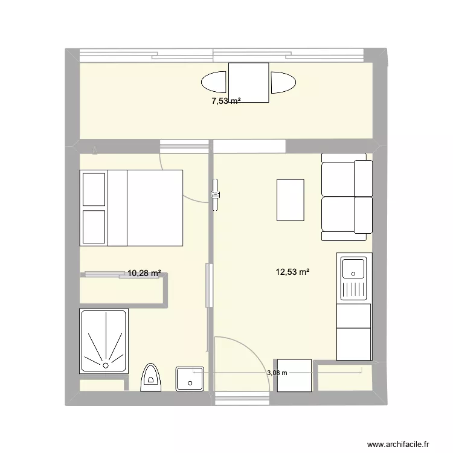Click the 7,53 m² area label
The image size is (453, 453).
tap(225, 101)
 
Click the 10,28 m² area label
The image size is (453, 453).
tap(144, 274)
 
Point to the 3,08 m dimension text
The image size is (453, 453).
tap(277, 373)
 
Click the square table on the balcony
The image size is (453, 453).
tap(248, 83)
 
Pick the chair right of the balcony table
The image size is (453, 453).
tap(283, 83)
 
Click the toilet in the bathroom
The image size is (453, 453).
tap(150, 377)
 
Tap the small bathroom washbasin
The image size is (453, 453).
tap(190, 379)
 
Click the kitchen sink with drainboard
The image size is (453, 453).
tap(353, 278)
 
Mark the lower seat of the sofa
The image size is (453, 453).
tap(346, 214)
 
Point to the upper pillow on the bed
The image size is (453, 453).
tap(94, 189)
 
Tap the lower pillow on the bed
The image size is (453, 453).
tap(94, 226)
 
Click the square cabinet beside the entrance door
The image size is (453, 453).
tap(294, 376)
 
